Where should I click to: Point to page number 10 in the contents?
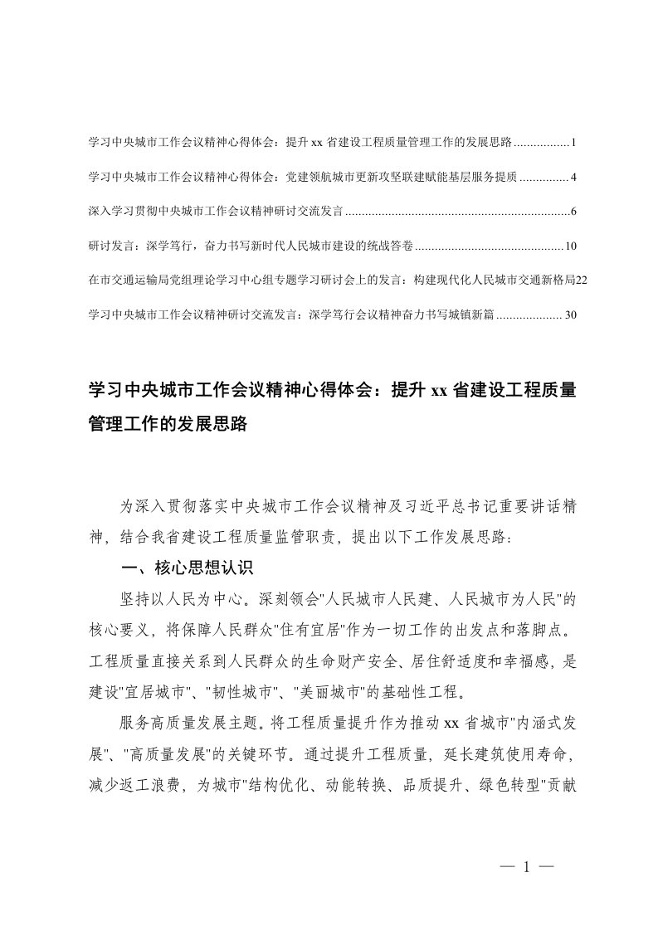570,246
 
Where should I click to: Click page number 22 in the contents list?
581,280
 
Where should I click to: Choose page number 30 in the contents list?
570,315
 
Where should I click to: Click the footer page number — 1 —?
526,866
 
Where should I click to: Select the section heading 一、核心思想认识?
185,568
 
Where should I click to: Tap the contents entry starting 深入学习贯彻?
215,212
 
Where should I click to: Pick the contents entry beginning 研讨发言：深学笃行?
249,246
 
